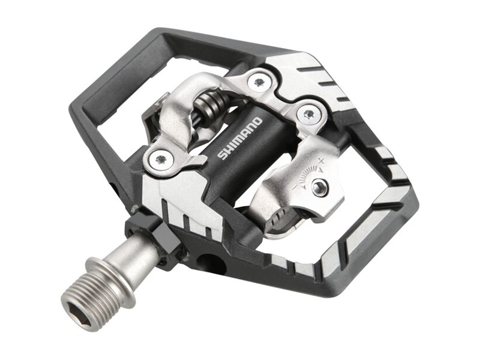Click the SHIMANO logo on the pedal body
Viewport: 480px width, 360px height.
[x=239, y=139]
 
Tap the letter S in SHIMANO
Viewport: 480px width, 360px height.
[x=221, y=155]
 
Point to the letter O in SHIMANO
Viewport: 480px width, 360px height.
[x=257, y=122]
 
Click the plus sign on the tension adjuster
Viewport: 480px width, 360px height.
[x=320, y=160]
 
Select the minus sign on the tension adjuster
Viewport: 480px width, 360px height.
[x=295, y=187]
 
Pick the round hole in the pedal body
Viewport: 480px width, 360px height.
[x=209, y=263]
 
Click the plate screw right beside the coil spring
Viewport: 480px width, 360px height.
[x=259, y=82]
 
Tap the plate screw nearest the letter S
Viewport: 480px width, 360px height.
[x=160, y=159]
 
